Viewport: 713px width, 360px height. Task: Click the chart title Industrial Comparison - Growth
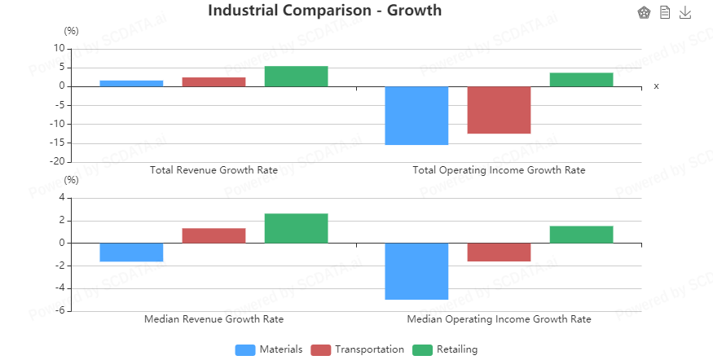point(324,11)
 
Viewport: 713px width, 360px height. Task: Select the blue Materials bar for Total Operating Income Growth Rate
point(416,115)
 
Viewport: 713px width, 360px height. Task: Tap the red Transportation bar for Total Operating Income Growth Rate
point(499,109)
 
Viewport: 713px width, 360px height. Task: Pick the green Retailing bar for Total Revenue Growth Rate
point(296,76)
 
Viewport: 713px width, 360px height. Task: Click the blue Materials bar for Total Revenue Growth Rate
point(131,83)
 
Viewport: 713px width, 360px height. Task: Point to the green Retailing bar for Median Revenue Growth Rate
point(296,228)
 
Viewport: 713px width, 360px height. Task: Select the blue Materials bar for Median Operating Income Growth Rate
point(416,270)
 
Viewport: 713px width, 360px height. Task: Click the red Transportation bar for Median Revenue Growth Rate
point(213,235)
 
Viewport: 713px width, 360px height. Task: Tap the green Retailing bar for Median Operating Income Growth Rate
point(581,235)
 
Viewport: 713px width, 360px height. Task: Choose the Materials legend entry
point(269,349)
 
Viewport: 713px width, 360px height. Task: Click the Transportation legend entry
point(358,349)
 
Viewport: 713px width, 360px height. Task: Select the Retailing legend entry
point(445,349)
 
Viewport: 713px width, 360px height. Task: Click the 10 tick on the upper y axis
point(59,48)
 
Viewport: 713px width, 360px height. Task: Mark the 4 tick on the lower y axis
point(62,198)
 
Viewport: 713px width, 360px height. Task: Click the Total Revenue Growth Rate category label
point(213,170)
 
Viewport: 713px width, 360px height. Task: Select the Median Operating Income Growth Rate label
point(499,319)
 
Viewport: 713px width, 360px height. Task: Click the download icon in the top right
point(685,12)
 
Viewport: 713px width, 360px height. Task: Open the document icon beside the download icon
point(665,12)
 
